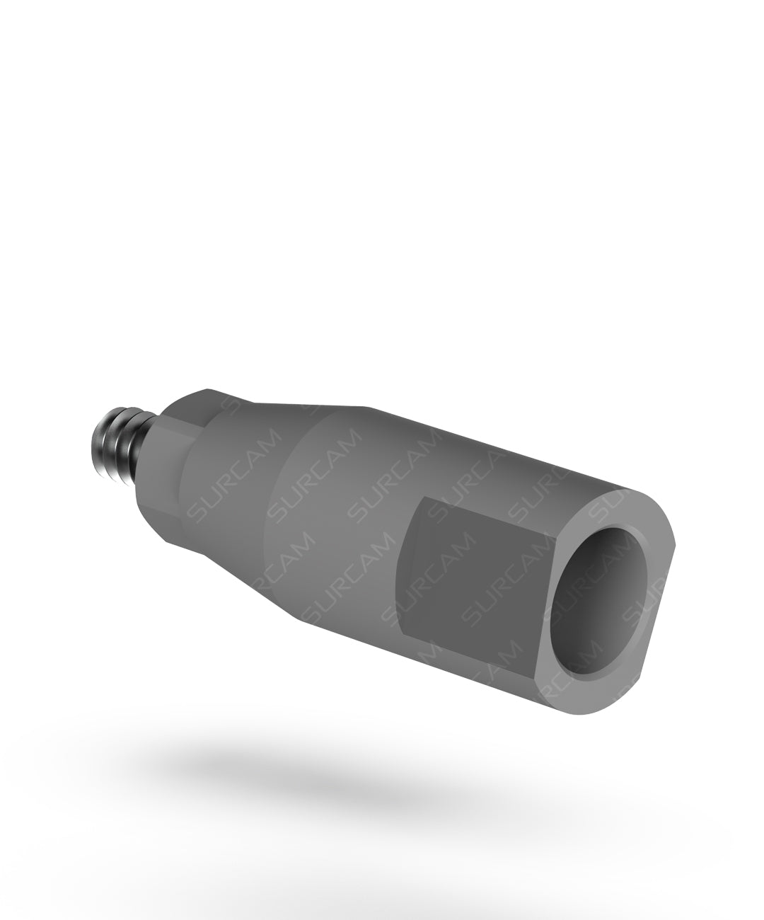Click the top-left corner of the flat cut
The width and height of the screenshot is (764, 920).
tap(423, 500)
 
